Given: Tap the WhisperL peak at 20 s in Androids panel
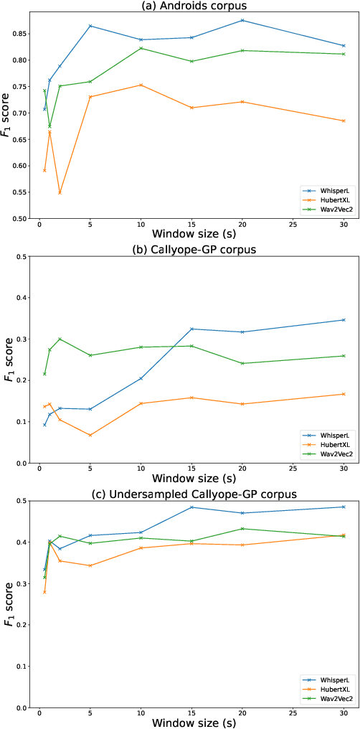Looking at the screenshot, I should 242,20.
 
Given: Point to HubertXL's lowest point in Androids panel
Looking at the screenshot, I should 60,193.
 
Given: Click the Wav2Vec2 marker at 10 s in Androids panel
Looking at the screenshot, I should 141,48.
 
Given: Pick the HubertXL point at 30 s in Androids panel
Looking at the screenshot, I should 344,121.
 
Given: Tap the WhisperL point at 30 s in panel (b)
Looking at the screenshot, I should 344,320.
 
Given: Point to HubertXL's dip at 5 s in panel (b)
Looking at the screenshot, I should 90,436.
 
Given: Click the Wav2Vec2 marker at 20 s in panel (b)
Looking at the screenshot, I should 242,363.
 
